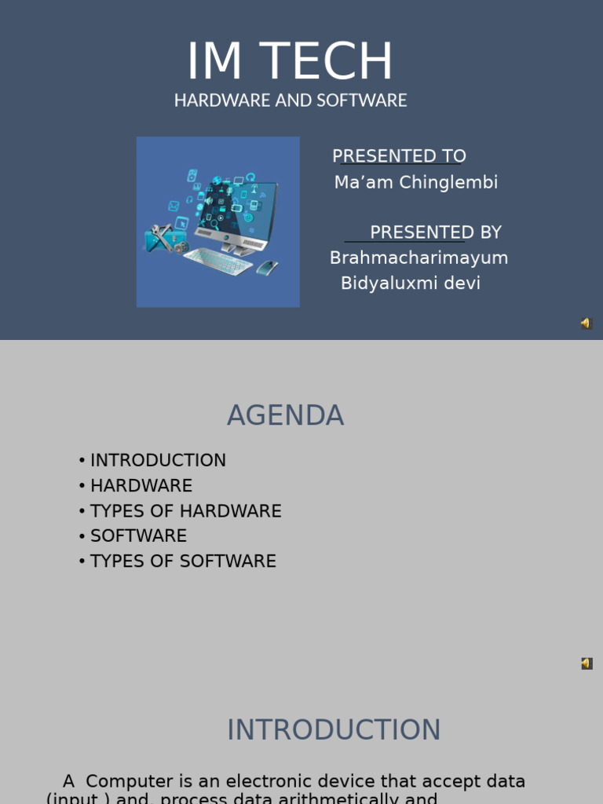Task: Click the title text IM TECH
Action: (x=290, y=62)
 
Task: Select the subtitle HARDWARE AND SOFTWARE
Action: (x=291, y=100)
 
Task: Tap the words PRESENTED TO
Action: (x=399, y=156)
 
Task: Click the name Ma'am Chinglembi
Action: (x=416, y=183)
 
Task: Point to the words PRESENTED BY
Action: (x=435, y=232)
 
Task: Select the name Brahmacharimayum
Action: (x=418, y=258)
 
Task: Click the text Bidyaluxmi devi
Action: (x=410, y=283)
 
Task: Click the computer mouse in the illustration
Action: (x=267, y=267)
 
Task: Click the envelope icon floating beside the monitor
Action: (x=174, y=206)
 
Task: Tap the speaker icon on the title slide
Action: (x=586, y=323)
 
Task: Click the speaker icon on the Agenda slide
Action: (x=587, y=663)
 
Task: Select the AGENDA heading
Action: (x=285, y=415)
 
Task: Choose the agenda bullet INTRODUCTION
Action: (x=158, y=461)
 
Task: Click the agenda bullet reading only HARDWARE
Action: (x=141, y=486)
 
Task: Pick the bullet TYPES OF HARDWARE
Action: (x=185, y=511)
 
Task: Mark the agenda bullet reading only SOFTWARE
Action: (x=138, y=536)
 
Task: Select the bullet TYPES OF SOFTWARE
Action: (x=183, y=561)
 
